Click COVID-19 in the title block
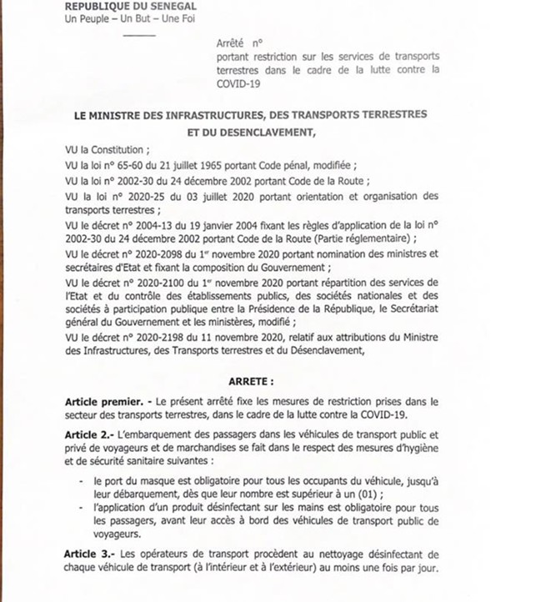(239, 84)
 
